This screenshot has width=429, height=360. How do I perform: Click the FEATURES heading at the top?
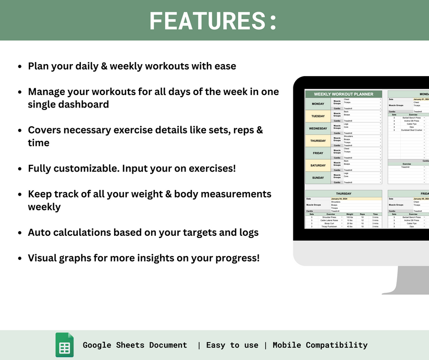[213, 21]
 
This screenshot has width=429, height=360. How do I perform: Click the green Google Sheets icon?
[65, 345]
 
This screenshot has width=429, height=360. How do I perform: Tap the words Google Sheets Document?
[134, 345]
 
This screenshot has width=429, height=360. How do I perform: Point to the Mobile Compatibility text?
[320, 345]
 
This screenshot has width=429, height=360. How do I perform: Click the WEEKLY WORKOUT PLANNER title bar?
[344, 94]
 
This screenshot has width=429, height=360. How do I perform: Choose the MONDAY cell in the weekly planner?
[317, 103]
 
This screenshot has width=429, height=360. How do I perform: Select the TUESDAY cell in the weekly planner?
[317, 116]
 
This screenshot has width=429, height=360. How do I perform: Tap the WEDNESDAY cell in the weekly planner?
[317, 128]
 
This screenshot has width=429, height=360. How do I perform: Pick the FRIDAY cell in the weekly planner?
[317, 153]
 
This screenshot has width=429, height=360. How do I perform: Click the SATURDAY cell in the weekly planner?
[317, 165]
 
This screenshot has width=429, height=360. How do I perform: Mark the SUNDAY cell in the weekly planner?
[317, 177]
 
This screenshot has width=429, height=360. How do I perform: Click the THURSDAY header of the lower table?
[344, 194]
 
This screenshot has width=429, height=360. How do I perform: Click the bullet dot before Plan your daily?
[20, 67]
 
